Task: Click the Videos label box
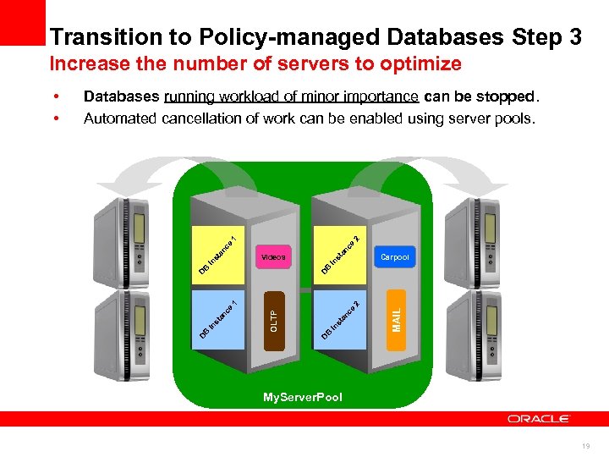[x=273, y=256]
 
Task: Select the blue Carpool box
[x=394, y=256]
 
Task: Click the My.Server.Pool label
[x=303, y=397]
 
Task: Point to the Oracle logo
[x=539, y=418]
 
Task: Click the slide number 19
[x=586, y=445]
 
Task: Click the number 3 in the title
[x=574, y=37]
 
